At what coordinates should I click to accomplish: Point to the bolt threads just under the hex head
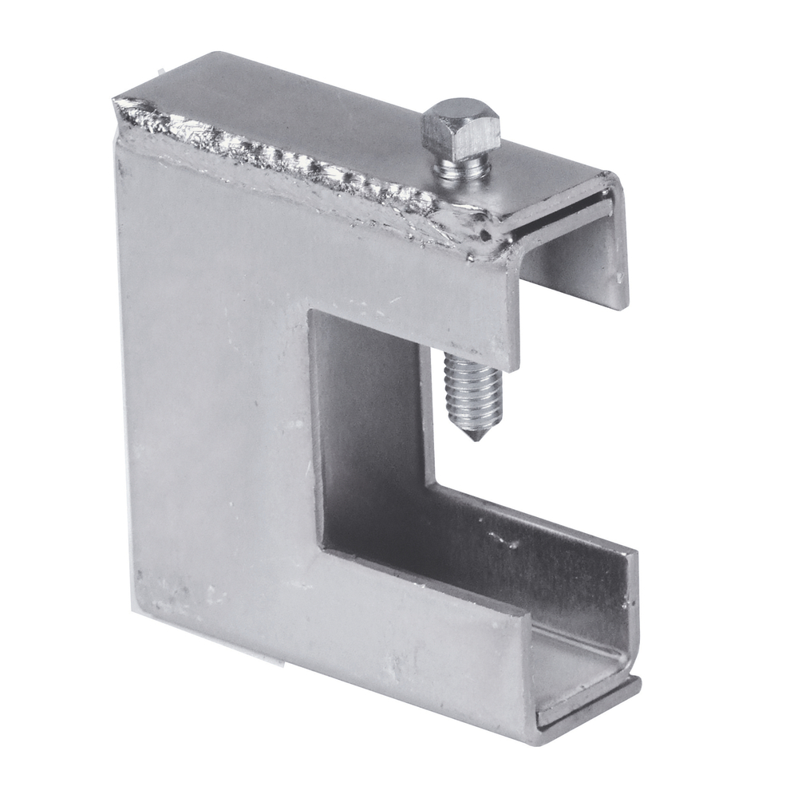[461, 171]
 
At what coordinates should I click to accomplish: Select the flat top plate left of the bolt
[303, 104]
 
